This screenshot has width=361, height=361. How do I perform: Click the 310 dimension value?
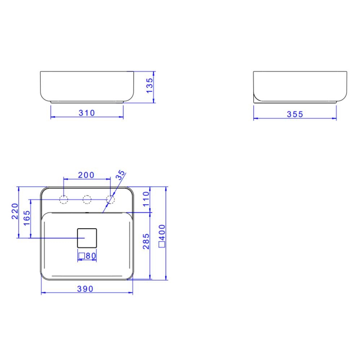tap(87, 113)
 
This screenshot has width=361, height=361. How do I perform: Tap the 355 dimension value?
tap(295, 114)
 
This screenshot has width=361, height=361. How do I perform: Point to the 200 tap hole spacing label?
tap(86, 175)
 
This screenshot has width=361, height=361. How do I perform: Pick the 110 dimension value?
tap(145, 199)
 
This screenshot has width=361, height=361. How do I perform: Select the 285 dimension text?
tap(145, 241)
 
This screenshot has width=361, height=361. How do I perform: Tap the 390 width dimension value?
tap(85, 289)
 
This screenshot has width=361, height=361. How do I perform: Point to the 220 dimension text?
tap(15, 211)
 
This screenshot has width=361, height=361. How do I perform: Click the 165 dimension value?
tap(27, 218)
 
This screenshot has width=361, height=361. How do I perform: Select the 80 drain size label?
tap(90, 256)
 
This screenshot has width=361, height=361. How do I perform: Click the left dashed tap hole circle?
tap(64, 199)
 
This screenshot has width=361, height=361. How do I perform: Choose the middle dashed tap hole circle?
tap(87, 199)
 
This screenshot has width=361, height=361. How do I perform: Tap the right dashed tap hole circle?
tap(110, 199)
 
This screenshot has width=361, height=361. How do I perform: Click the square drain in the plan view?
tap(87, 238)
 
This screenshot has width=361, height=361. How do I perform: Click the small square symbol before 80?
tap(82, 256)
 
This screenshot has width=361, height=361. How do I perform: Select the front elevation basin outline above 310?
tap(87, 87)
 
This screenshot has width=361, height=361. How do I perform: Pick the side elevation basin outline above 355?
tap(300, 87)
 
